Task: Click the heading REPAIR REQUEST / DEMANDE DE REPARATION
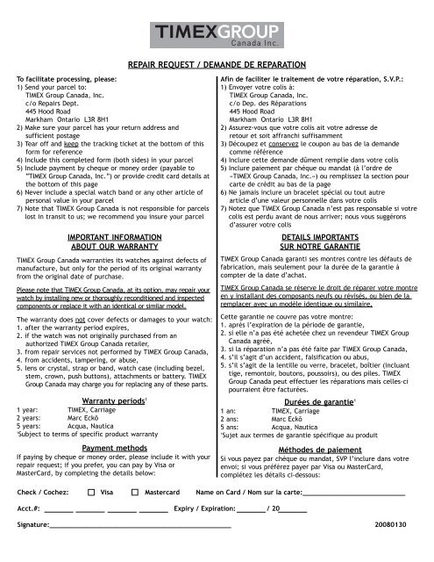[217, 65]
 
